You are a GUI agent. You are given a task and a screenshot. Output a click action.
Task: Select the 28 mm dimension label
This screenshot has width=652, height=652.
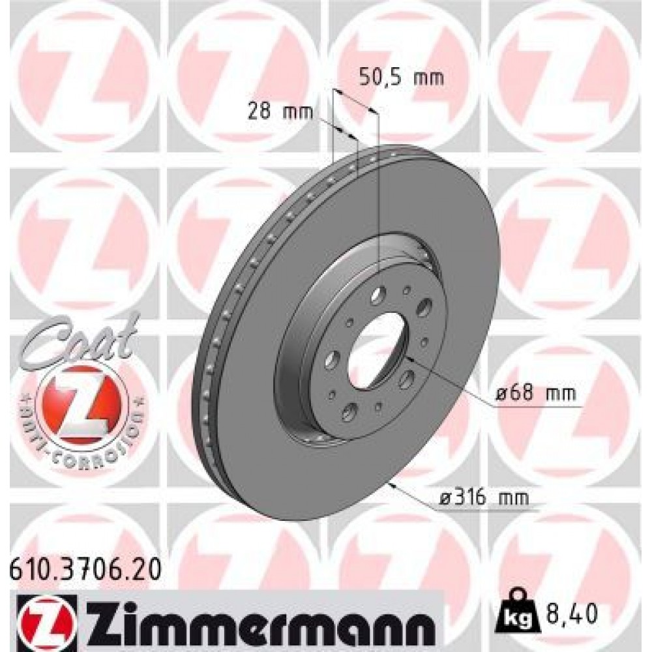point(280,111)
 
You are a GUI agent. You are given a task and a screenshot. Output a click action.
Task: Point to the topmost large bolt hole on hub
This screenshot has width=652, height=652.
point(378,296)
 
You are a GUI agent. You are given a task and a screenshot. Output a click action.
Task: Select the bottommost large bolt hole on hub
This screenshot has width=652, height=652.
point(350,410)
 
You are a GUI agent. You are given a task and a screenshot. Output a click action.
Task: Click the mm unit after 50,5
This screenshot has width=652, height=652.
point(429,78)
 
